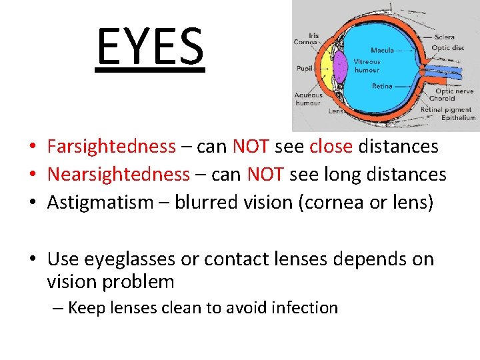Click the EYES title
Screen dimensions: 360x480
point(150,47)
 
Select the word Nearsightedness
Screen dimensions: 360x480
point(119,175)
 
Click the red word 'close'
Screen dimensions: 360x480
point(331,146)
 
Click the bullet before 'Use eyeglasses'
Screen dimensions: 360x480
point(31,259)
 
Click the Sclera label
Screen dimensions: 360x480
point(445,37)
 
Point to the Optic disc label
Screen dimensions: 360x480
point(448,47)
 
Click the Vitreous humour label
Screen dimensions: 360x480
point(367,65)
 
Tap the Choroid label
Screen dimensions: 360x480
point(442,99)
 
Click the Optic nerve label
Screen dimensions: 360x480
point(455,91)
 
